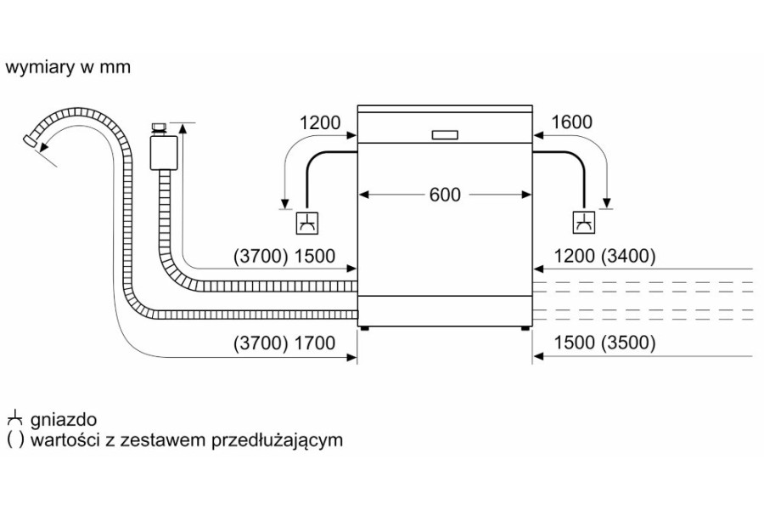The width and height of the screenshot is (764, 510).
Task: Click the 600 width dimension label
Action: (445, 195)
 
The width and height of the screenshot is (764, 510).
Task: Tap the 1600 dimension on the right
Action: (571, 122)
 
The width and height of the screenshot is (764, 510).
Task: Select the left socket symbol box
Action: (308, 223)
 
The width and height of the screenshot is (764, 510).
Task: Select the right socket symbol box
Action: (584, 223)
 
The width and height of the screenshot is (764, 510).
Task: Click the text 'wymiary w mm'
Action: (68, 67)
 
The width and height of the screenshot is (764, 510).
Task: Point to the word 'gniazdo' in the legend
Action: (64, 419)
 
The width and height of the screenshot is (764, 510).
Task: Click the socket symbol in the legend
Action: (15, 418)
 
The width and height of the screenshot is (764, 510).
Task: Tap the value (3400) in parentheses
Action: (628, 256)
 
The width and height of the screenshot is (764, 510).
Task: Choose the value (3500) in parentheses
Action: (628, 343)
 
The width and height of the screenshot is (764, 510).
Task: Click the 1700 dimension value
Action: (315, 343)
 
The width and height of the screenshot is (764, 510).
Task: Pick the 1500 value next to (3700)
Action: (315, 256)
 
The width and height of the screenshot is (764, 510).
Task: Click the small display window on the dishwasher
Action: (445, 135)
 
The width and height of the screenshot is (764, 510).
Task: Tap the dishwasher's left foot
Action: (364, 328)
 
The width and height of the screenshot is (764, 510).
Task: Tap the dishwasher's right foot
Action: (525, 328)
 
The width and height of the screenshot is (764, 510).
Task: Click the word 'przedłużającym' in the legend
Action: (278, 440)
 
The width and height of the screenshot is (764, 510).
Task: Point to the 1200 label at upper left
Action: (320, 122)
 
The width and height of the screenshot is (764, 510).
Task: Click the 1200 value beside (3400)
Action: (574, 256)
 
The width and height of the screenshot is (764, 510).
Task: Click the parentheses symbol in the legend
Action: (15, 440)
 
